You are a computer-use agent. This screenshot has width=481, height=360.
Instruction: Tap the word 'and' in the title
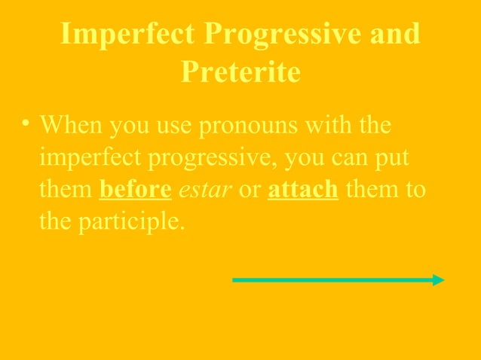[x=394, y=35]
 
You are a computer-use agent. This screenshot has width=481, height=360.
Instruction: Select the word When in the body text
[x=71, y=125]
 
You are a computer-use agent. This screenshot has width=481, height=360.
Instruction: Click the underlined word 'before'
[x=136, y=190]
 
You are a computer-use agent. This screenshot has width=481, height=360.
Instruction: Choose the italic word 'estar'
[x=204, y=190]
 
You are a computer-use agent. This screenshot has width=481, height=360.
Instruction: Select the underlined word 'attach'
[x=303, y=190]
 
